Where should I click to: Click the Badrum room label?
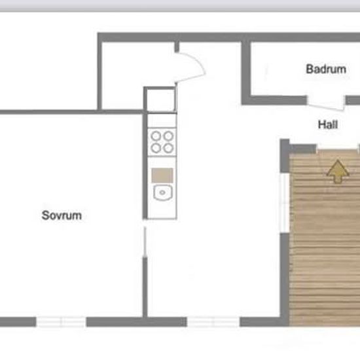coord(326,69)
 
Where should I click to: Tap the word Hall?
coord(328,124)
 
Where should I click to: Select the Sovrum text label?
coord(62,215)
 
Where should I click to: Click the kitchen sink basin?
coord(162,192)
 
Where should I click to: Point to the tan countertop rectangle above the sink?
coord(162,175)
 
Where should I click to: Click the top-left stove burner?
coord(156,136)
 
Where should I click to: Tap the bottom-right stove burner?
coord(168,148)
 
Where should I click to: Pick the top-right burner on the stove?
coord(168,136)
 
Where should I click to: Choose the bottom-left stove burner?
coord(156,148)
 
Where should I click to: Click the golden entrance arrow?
coord(338,171)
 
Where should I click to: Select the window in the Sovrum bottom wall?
coord(61,321)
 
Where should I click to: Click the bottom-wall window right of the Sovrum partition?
coord(213,321)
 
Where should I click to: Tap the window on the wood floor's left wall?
coord(285,202)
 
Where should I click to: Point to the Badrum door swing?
coord(326,106)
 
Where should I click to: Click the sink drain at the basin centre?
coord(162,192)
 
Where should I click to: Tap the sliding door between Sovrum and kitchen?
coord(145,242)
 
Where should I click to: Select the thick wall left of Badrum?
coord(246,73)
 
